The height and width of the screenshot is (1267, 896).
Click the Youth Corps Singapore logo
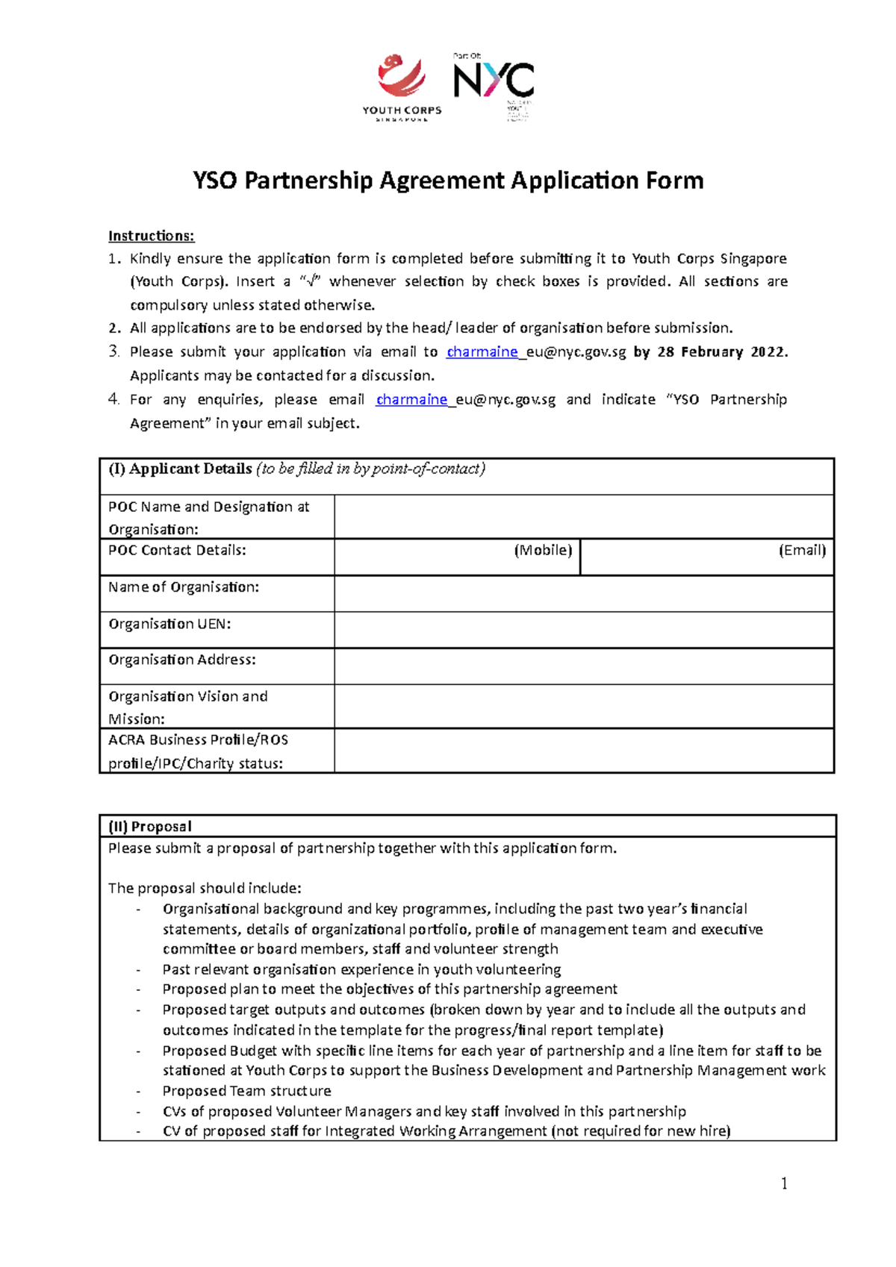(402, 87)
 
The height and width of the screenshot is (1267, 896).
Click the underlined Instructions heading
(151, 236)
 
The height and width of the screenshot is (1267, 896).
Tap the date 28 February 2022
(721, 351)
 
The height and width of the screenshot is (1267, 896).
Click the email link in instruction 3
(535, 351)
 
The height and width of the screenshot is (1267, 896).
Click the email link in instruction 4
(465, 399)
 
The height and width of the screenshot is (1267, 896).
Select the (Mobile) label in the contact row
(543, 550)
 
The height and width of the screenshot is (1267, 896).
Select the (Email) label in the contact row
(802, 550)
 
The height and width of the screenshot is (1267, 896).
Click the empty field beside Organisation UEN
(583, 630)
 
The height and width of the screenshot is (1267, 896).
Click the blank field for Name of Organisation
(583, 593)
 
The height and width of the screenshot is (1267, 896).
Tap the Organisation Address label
(182, 660)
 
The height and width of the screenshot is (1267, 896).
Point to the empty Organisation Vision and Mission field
(583, 706)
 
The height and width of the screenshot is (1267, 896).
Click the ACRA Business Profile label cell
(199, 751)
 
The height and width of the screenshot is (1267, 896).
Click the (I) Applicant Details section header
(296, 469)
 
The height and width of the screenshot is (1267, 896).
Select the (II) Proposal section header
(150, 826)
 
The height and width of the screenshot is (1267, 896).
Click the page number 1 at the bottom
(784, 1183)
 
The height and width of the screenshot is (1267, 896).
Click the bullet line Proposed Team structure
(246, 1090)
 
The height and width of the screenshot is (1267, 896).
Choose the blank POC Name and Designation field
(583, 516)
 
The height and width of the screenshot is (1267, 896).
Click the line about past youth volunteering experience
(361, 969)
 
